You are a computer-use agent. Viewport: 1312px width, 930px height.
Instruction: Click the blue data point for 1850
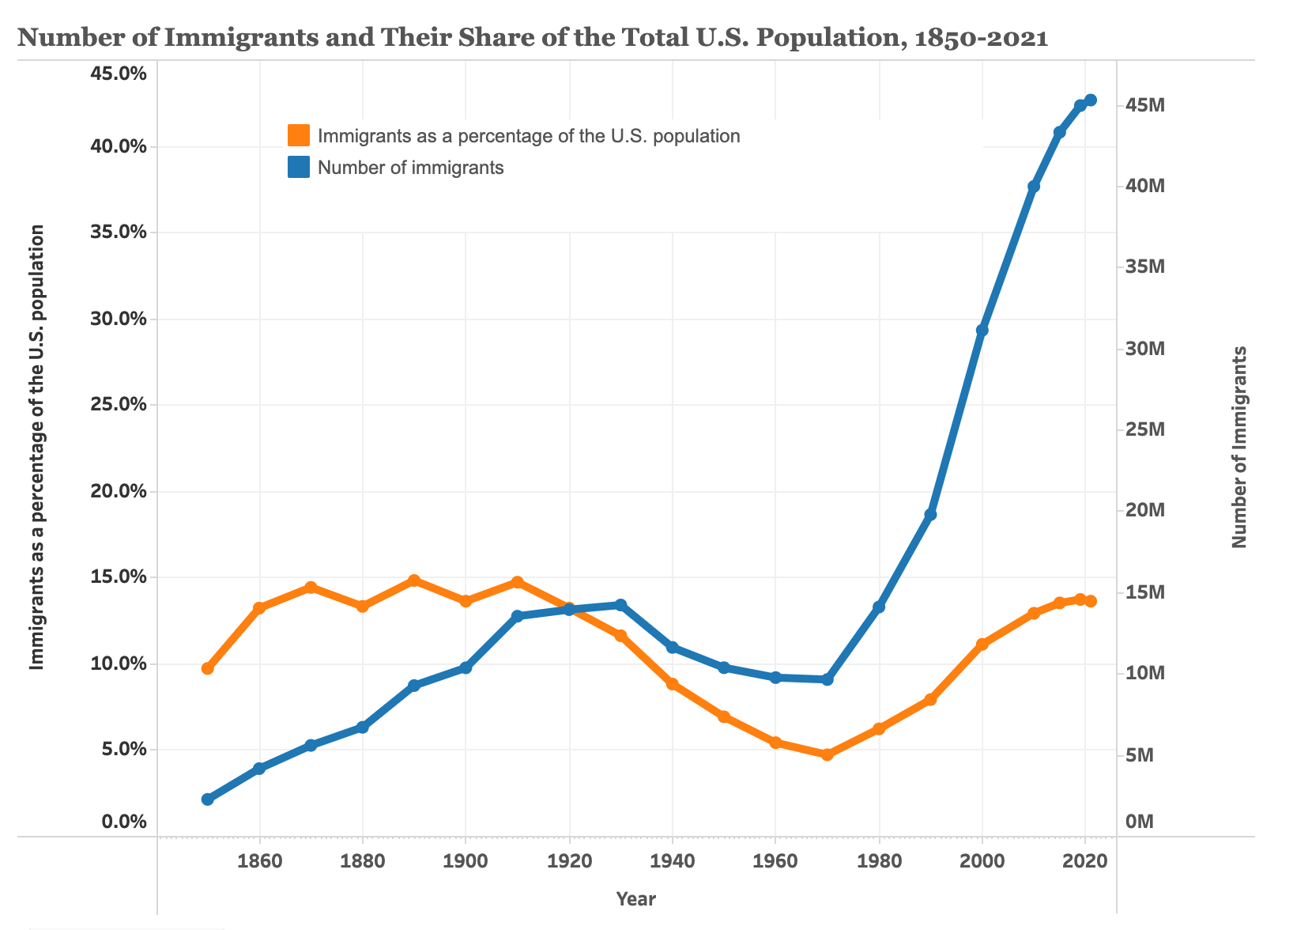click(208, 800)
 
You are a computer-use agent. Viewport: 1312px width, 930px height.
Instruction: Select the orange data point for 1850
click(208, 669)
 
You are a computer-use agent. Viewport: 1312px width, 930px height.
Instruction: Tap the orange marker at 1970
click(828, 755)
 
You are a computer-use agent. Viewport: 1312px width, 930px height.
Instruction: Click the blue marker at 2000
click(982, 331)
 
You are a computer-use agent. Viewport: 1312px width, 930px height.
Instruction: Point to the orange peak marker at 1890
click(414, 580)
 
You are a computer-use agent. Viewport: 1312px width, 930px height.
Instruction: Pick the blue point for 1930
click(620, 605)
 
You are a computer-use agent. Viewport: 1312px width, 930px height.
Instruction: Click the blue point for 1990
click(931, 515)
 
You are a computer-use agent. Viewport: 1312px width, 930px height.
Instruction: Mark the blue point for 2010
click(1034, 187)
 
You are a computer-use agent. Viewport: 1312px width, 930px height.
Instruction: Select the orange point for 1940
click(673, 684)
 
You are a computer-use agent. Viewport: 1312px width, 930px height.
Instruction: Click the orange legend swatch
click(299, 135)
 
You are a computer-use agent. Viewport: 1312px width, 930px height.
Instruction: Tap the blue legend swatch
click(299, 168)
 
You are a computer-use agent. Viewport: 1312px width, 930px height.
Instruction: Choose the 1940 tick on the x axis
click(673, 860)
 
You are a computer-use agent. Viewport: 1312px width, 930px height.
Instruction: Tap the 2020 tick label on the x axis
click(1085, 860)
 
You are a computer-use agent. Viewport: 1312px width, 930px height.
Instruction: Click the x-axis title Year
click(636, 899)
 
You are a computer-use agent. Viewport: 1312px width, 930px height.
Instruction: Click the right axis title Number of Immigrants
click(1240, 447)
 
